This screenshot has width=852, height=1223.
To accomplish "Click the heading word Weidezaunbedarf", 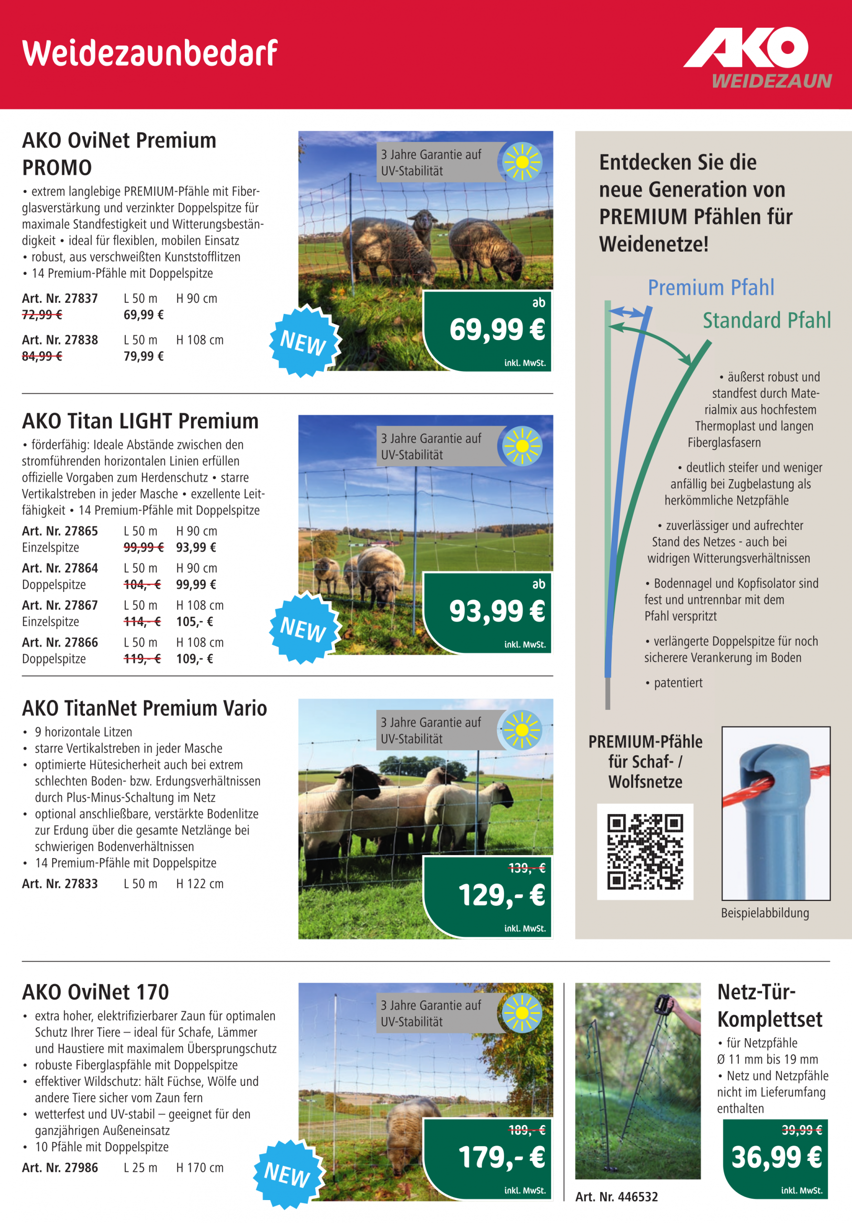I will [150, 53].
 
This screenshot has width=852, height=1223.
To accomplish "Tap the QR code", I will [645, 851].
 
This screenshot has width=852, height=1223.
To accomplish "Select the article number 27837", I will [60, 298].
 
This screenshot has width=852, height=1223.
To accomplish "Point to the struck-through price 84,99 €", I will [42, 356].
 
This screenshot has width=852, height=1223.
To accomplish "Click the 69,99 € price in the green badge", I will [496, 329].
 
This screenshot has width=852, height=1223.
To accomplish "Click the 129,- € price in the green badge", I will [501, 894].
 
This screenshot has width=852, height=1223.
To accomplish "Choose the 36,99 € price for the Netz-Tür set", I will [776, 1157].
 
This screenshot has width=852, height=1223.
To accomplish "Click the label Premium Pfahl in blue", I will [711, 288].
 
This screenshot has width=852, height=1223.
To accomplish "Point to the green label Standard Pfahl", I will [766, 321].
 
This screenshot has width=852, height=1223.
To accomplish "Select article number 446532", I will [616, 1197].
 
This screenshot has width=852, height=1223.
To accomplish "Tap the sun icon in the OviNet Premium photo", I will [522, 162].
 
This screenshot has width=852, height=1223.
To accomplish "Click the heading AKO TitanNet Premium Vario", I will [144, 708].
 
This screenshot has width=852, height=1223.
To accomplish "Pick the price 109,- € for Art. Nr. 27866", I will [194, 659].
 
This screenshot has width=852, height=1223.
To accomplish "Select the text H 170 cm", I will [200, 1168].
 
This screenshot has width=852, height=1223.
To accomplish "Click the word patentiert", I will [678, 683].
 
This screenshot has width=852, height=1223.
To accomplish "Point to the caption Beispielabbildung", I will [765, 913].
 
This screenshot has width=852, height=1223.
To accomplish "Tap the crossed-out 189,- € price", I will [527, 1130].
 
